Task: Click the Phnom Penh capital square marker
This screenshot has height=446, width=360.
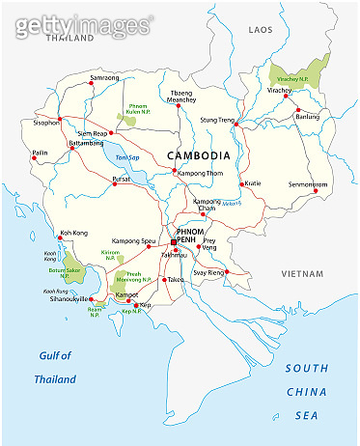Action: pyautogui.click(x=175, y=242)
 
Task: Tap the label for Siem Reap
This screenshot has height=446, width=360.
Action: pyautogui.click(x=95, y=133)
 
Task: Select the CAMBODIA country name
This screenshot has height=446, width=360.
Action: pyautogui.click(x=198, y=154)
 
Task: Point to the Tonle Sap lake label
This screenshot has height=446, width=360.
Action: pyautogui.click(x=127, y=157)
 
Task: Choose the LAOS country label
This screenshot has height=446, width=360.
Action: pyautogui.click(x=261, y=31)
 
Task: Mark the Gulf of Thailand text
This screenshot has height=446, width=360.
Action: pyautogui.click(x=56, y=367)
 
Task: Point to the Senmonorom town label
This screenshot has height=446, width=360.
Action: pyautogui.click(x=309, y=183)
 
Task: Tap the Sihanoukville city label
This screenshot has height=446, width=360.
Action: pyautogui.click(x=68, y=299)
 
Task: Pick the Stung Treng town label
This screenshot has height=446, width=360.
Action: pyautogui.click(x=217, y=121)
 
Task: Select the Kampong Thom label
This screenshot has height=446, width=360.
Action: pyautogui.click(x=204, y=172)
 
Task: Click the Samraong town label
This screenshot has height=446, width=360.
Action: pyautogui.click(x=105, y=76)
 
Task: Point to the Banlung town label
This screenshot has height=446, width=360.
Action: pyautogui.click(x=307, y=116)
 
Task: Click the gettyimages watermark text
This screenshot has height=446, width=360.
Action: pyautogui.click(x=81, y=23)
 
